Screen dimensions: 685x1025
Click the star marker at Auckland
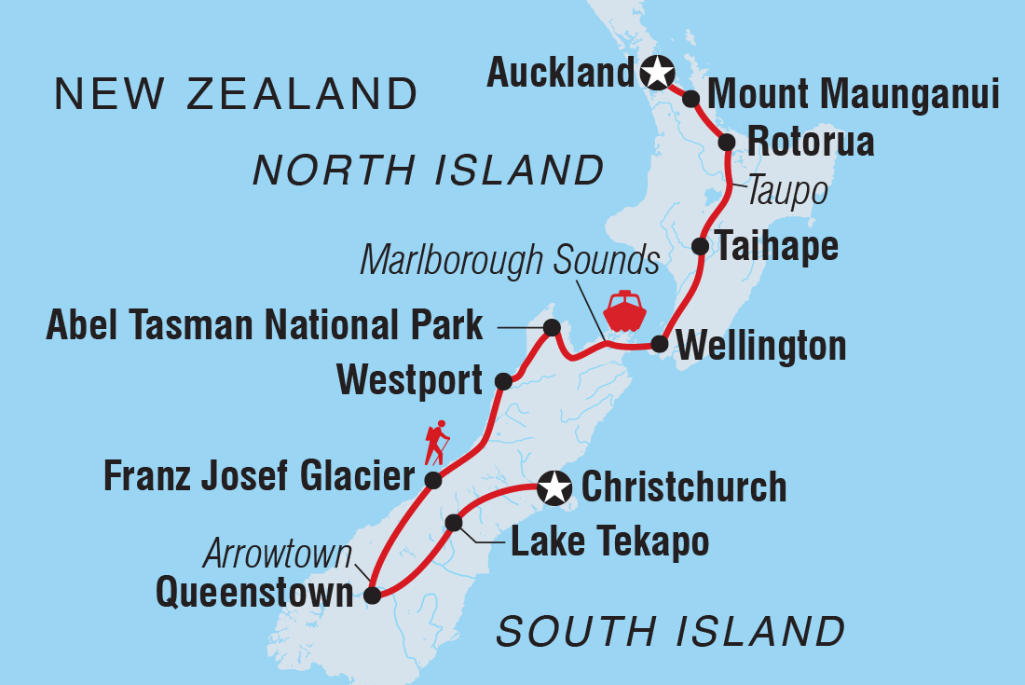(x=657, y=71)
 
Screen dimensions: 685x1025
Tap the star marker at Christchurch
(x=554, y=486)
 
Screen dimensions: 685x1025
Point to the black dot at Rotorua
(x=727, y=142)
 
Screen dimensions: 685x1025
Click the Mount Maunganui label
(x=854, y=95)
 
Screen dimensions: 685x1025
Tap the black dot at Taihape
(x=701, y=246)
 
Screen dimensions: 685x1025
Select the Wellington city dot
(x=660, y=344)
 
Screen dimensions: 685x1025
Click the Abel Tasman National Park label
(x=265, y=326)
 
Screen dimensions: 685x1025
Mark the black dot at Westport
(x=503, y=380)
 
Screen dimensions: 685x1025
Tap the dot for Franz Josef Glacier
(x=433, y=480)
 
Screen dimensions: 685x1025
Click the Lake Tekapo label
(x=609, y=541)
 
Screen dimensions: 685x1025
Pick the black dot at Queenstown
(x=373, y=596)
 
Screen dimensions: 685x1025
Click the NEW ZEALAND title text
(x=237, y=94)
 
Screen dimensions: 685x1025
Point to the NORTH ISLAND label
(x=429, y=171)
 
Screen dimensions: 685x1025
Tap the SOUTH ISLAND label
(x=670, y=631)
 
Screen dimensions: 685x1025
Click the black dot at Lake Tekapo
(x=454, y=523)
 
